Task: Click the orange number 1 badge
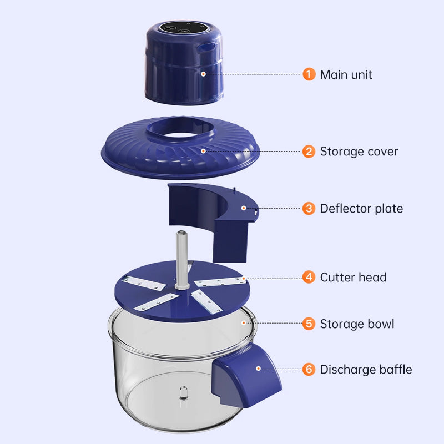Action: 309,74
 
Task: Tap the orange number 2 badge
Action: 309,151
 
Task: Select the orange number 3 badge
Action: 309,209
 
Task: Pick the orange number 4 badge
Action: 309,277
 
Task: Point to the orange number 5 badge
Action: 309,324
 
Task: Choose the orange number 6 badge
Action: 309,369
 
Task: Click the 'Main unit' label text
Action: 346,74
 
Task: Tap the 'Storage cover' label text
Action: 359,151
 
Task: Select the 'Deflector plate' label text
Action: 361,209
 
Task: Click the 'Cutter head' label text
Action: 353,277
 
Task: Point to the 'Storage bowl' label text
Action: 357,324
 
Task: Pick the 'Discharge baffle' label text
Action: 366,369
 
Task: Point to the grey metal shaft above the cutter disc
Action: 179,255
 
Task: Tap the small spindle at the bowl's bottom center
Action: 182,395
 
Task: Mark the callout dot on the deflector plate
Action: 243,208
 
